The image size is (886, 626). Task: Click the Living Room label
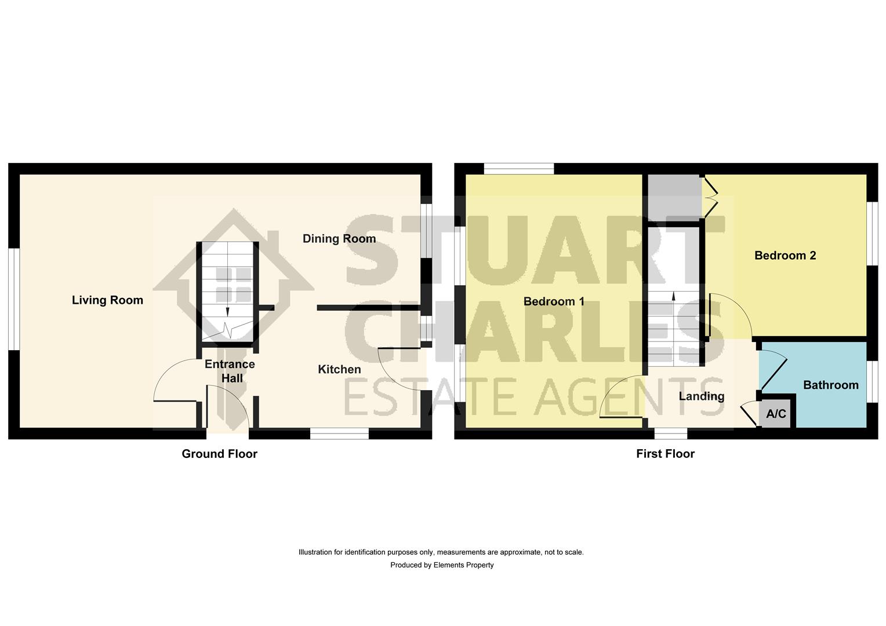coord(107,300)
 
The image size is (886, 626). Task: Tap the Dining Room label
coord(339,239)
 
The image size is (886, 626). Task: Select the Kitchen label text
coord(339,369)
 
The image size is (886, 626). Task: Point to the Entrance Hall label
coord(230,371)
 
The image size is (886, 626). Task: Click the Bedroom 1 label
coord(554,301)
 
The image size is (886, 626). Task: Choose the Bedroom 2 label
coord(785,256)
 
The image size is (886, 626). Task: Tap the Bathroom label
coord(830,385)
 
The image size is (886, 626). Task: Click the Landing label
coord(702,396)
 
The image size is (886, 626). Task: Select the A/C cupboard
coord(776,414)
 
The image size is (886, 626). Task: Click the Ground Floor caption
coord(219,454)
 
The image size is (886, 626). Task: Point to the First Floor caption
coord(665,454)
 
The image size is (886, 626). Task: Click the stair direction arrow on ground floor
coord(227,311)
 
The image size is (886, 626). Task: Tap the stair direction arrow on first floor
coord(673,296)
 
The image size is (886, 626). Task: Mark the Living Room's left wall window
coord(14,299)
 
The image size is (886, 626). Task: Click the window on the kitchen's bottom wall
coord(339,433)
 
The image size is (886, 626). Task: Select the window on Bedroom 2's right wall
coord(872,234)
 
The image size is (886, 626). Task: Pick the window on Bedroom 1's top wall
coord(519,169)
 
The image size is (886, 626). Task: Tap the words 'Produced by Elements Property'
coord(442,565)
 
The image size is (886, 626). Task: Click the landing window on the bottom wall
coord(671,433)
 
